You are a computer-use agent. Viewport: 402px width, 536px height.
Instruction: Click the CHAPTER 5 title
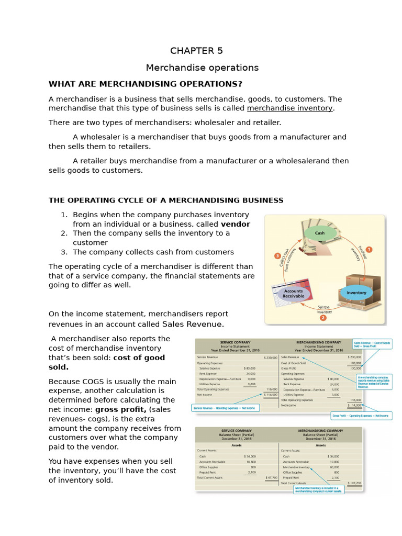196,51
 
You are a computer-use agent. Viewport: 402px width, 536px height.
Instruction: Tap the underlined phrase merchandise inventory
290,108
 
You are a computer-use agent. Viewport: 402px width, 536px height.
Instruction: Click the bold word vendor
236,224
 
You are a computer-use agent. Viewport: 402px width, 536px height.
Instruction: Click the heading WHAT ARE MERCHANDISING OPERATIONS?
146,84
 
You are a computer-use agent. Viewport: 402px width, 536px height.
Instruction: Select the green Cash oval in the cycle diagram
319,233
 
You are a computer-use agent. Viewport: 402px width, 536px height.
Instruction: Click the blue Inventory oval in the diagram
356,293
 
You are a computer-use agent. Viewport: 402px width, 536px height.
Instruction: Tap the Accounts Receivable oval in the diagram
294,294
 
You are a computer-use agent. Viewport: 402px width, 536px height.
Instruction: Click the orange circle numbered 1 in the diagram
368,250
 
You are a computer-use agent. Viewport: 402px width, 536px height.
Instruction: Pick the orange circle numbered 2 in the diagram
323,317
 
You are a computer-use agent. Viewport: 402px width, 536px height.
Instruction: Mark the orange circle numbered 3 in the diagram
277,256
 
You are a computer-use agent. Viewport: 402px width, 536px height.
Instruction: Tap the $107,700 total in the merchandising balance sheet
354,483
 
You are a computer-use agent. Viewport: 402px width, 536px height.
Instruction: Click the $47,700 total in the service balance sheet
271,477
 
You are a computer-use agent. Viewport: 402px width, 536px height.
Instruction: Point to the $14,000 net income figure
355,405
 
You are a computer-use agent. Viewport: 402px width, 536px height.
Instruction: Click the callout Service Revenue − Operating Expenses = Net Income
224,408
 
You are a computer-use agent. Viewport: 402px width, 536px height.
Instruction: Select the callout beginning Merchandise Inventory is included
318,490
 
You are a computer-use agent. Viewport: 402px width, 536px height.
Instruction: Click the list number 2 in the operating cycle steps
64,233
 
